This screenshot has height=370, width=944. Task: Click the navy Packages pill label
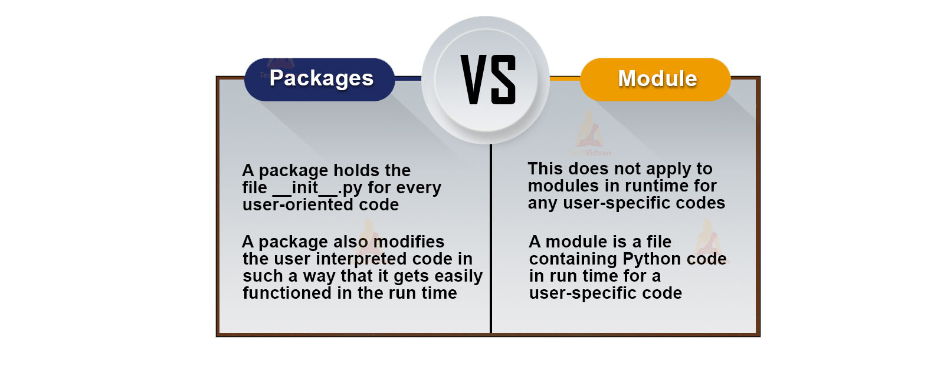[319, 80]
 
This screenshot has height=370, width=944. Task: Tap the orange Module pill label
[655, 80]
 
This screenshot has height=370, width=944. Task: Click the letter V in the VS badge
[474, 80]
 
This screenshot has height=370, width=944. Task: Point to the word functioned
[287, 293]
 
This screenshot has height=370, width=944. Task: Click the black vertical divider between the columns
[490, 238]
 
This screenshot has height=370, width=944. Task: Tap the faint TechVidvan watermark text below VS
[589, 153]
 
